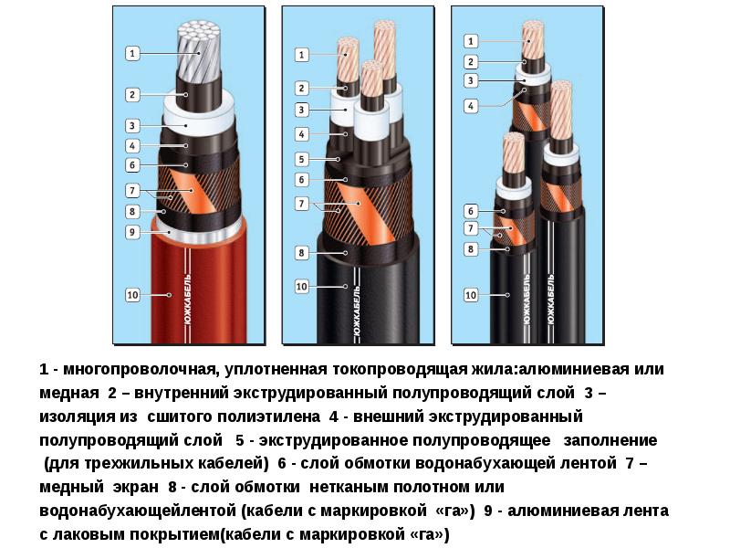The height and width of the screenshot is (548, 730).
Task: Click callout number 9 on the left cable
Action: (x=132, y=232)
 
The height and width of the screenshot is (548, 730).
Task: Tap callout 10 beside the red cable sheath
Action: (x=132, y=295)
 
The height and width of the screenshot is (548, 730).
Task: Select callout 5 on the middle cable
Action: (x=302, y=159)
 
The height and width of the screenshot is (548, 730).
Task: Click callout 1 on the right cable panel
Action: (x=471, y=41)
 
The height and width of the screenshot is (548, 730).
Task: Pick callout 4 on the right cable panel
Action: (x=471, y=106)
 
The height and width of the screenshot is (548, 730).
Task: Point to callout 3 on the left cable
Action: (x=132, y=126)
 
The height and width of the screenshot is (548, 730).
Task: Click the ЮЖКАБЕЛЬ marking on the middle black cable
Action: (x=357, y=311)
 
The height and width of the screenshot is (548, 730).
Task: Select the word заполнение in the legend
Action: (x=610, y=440)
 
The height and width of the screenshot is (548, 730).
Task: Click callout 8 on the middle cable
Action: (x=302, y=253)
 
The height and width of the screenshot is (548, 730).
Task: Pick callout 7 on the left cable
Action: (x=132, y=191)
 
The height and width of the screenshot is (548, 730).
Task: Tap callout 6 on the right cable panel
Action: (x=471, y=211)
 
